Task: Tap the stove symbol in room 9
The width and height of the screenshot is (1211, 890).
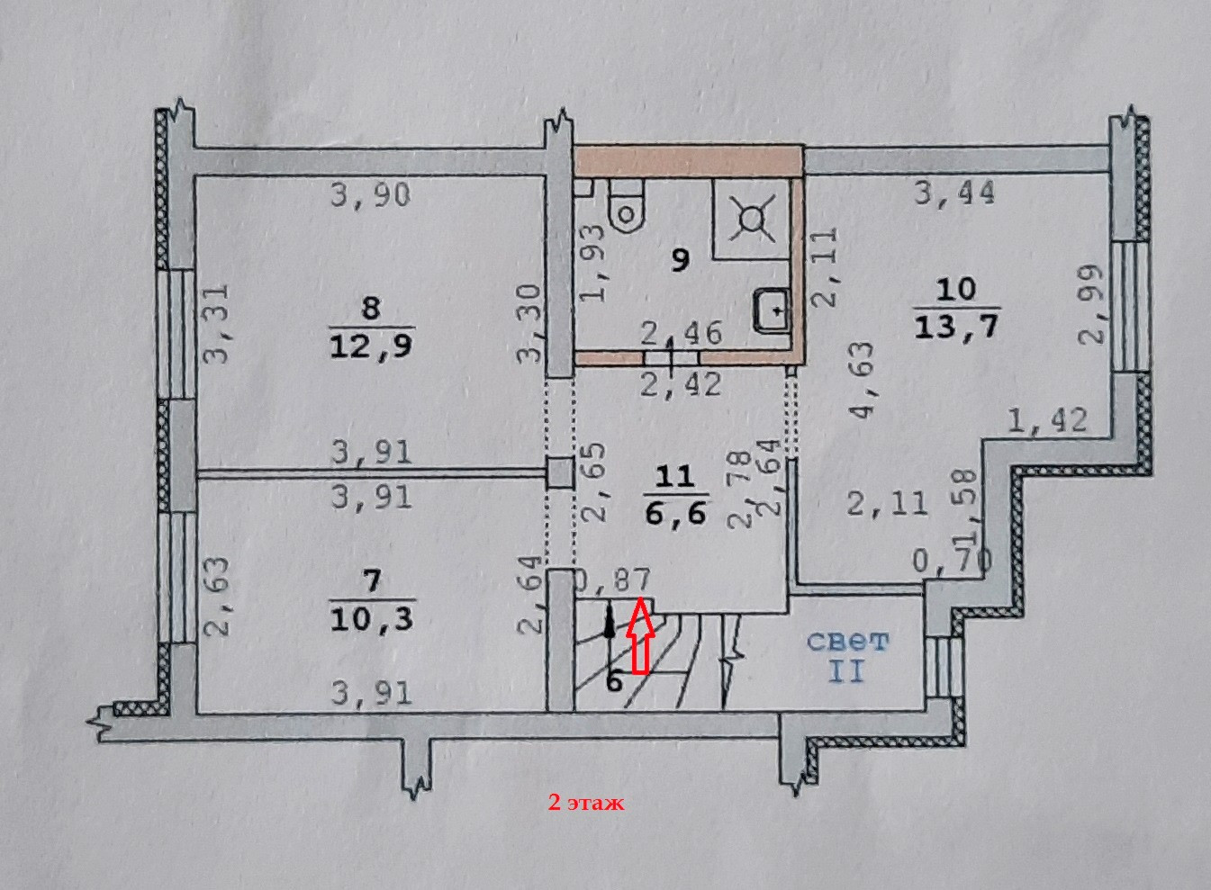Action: tap(751, 220)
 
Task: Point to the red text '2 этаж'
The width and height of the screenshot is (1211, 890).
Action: tap(586, 803)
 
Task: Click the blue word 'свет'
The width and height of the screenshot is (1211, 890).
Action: tap(846, 642)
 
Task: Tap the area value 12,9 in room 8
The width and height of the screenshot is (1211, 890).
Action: tap(371, 346)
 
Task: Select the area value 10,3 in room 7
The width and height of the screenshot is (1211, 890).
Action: tap(371, 619)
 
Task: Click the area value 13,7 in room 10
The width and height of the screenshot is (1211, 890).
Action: tap(956, 326)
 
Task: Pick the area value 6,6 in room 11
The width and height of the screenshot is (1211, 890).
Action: tap(675, 513)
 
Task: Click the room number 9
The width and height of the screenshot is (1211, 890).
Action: tap(681, 260)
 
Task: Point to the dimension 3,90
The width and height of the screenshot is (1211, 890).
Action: tap(370, 194)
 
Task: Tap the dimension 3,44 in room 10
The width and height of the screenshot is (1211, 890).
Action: tap(954, 193)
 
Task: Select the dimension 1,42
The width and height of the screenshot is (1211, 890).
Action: tap(1047, 420)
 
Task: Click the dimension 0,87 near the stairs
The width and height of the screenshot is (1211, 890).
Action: tap(611, 582)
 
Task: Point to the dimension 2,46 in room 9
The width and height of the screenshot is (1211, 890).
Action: tap(681, 333)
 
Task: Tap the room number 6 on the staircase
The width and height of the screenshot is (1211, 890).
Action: tap(614, 681)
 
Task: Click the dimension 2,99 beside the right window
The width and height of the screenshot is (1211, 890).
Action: tap(1091, 304)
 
